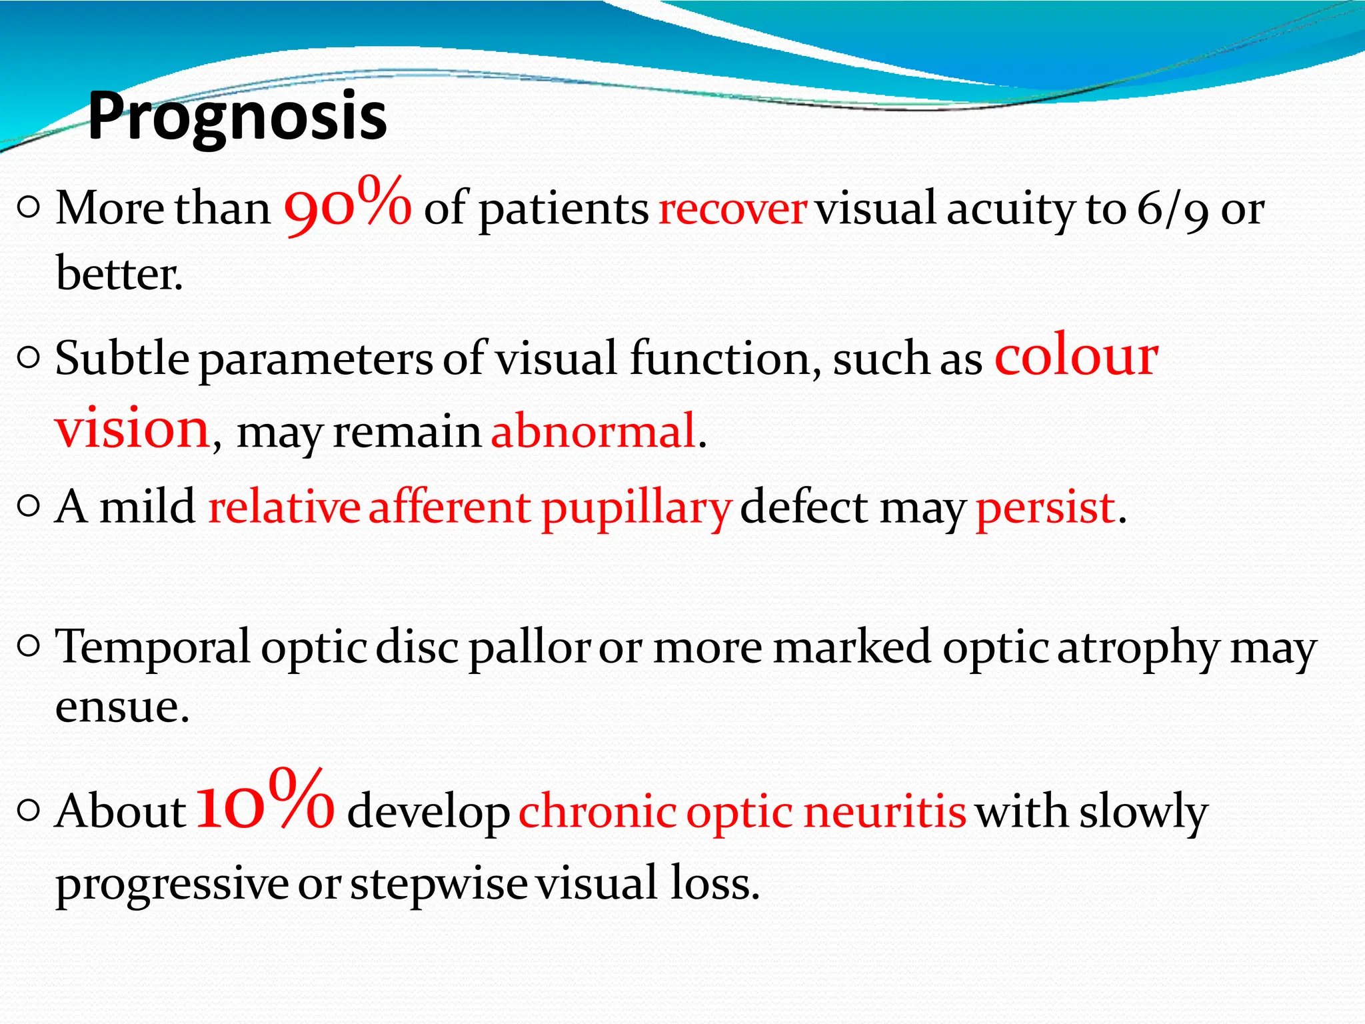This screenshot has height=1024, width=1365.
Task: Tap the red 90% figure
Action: (347, 205)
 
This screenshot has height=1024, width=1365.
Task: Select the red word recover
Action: (732, 209)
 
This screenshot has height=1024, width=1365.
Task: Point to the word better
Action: (119, 274)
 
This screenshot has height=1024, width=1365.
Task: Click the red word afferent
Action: (450, 507)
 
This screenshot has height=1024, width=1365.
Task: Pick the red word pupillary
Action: (636, 509)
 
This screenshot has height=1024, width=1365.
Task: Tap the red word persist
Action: (1045, 509)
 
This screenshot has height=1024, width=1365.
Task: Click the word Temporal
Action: (153, 647)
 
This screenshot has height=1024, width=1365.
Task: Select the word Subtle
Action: (122, 359)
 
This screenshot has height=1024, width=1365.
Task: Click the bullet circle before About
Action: (29, 811)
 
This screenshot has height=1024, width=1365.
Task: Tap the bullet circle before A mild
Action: (29, 507)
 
